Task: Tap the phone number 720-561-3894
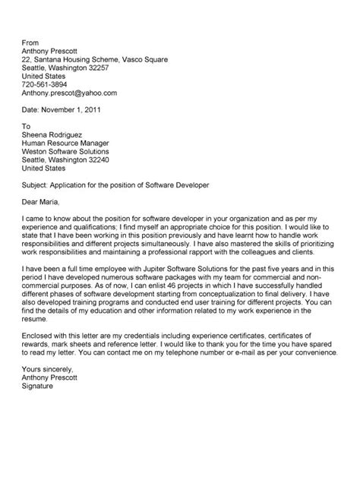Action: point(45,84)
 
